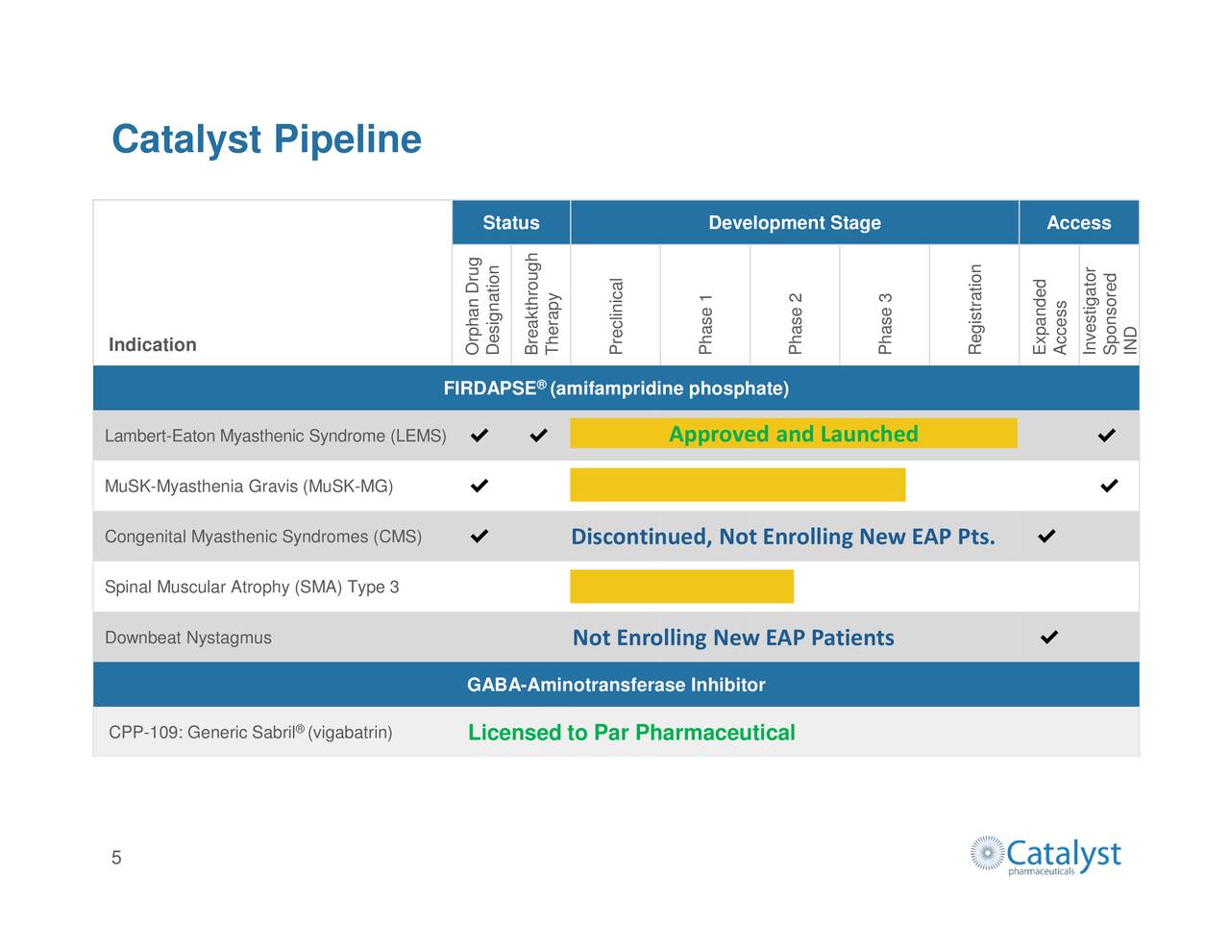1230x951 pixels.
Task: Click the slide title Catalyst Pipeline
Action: (x=266, y=139)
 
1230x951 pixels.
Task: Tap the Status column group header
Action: (x=510, y=223)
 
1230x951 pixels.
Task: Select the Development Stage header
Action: (x=794, y=223)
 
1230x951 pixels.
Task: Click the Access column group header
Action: (x=1078, y=223)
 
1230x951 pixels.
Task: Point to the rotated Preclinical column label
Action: (x=616, y=315)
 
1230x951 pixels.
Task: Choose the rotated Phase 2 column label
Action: (x=796, y=324)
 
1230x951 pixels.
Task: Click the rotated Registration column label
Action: (x=975, y=309)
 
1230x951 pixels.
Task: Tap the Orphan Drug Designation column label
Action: (x=482, y=306)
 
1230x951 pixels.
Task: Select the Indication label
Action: (x=152, y=345)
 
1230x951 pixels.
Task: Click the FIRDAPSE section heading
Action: (x=616, y=388)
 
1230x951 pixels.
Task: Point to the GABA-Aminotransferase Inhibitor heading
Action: (x=616, y=685)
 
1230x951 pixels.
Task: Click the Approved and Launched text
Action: (x=793, y=435)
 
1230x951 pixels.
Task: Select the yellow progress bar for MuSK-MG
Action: (x=737, y=485)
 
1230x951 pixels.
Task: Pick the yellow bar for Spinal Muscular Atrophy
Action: (x=681, y=587)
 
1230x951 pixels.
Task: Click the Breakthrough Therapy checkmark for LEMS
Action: (x=539, y=436)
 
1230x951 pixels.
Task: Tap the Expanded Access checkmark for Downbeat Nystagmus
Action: (x=1049, y=637)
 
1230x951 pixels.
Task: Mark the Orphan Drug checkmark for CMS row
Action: (x=480, y=536)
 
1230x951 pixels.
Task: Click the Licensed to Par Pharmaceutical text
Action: (x=631, y=733)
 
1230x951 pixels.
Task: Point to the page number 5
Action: (x=116, y=858)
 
